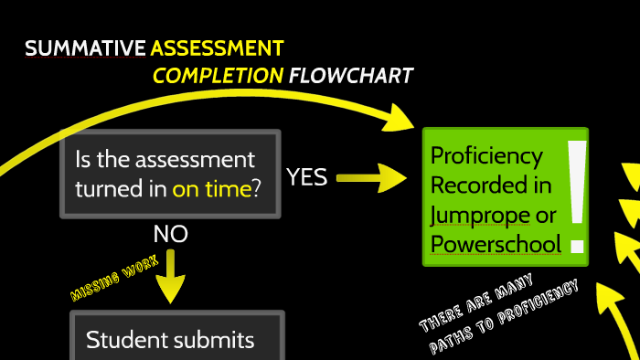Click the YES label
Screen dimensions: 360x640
tap(306, 177)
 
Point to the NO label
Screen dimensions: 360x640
tap(170, 235)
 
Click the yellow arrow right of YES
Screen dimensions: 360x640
tap(371, 177)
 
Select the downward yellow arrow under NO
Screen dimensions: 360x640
tap(170, 278)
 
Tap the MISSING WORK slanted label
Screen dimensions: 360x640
tap(114, 278)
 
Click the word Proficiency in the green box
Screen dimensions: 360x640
tap(486, 156)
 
